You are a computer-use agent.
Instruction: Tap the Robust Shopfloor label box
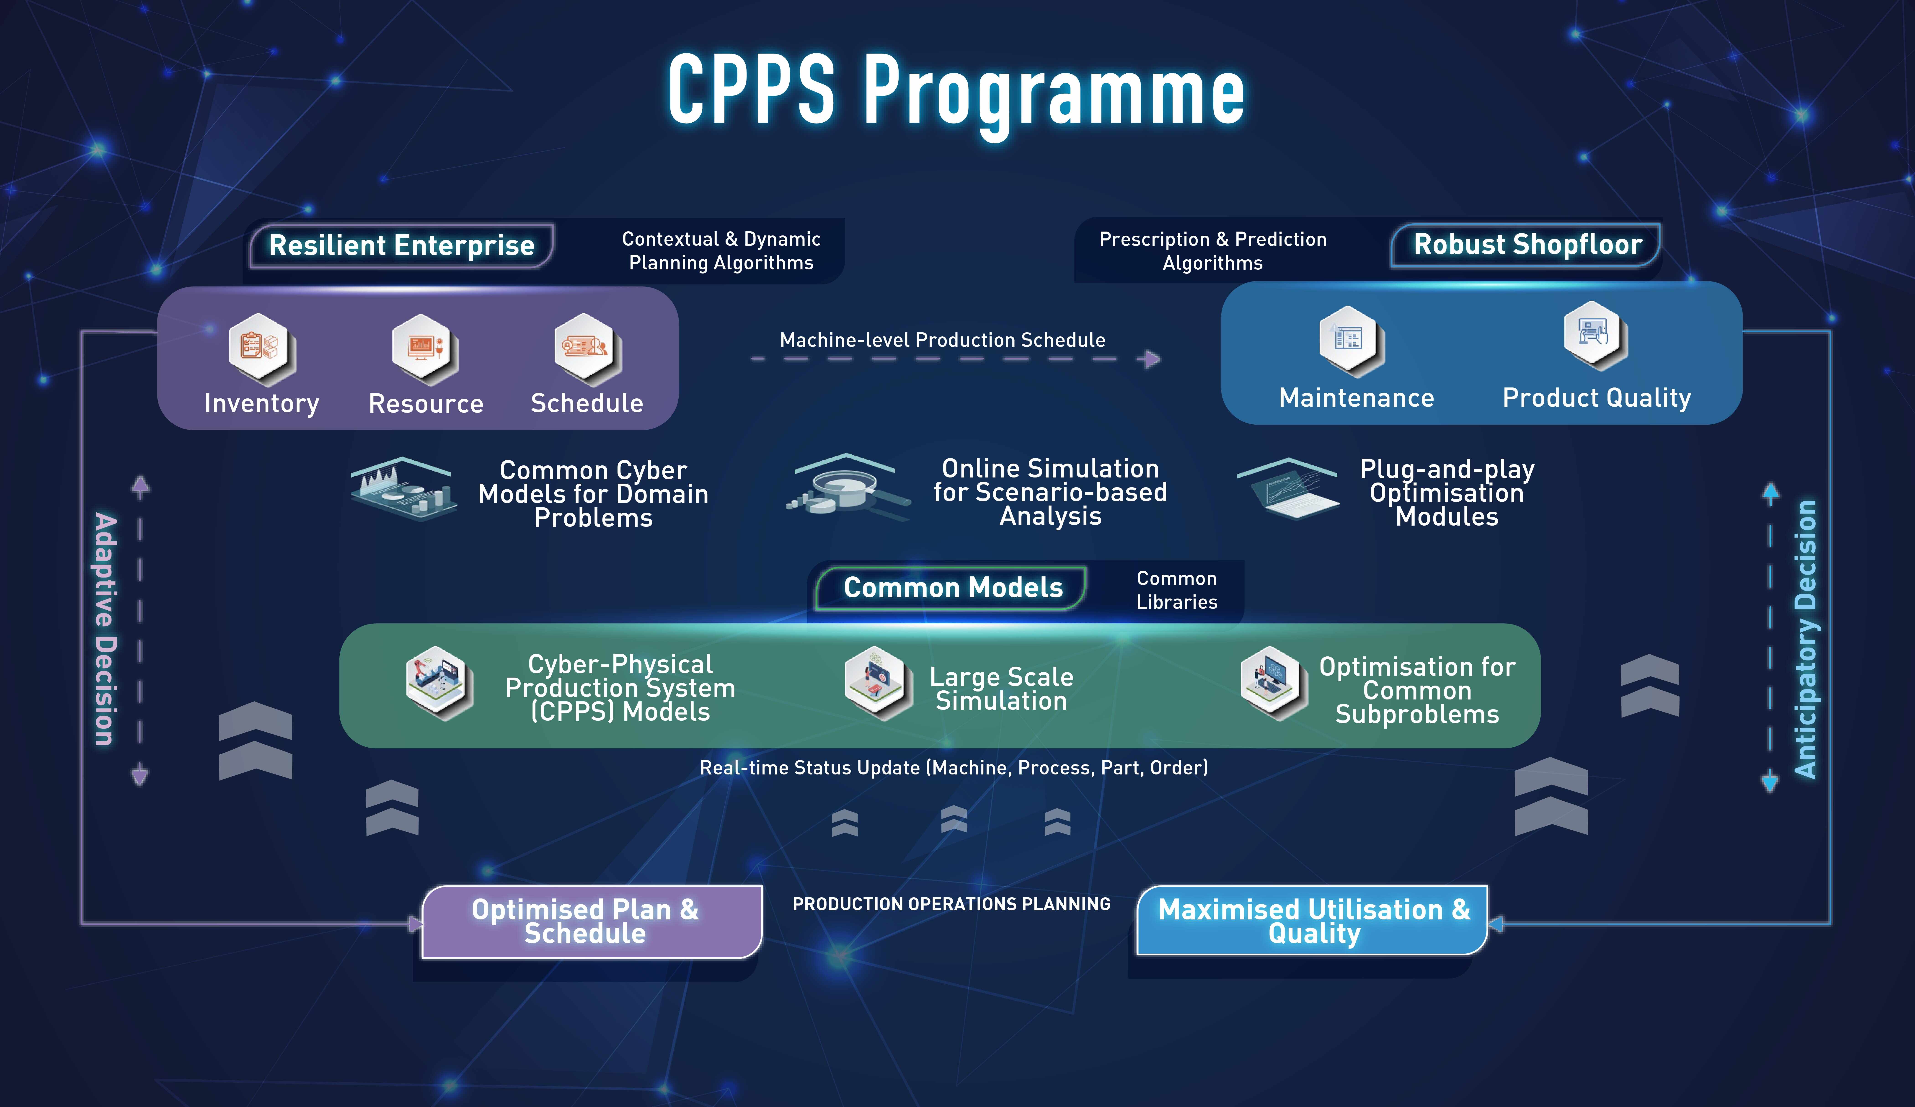tap(1527, 245)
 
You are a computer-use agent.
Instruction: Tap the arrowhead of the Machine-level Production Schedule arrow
tap(1153, 359)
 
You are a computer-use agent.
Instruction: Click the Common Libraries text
tap(1176, 590)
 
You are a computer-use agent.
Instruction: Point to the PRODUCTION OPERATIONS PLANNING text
tap(951, 904)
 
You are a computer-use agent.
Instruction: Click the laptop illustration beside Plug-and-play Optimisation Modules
tap(1292, 490)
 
